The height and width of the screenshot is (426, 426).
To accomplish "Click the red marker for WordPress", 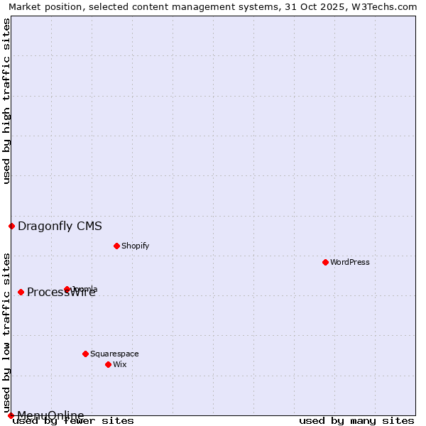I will (325, 262).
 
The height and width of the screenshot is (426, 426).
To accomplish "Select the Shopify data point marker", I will (116, 246).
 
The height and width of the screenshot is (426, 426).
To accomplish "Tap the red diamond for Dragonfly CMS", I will (11, 226).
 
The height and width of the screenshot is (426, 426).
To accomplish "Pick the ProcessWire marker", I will (21, 292).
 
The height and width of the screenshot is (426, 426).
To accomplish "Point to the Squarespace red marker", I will (85, 354).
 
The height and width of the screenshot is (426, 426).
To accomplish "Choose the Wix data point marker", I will (108, 364).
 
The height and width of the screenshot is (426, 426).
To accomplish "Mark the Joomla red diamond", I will (67, 289).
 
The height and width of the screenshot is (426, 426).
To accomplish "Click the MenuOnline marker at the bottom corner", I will (11, 415).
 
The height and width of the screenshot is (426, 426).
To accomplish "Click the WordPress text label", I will (350, 262).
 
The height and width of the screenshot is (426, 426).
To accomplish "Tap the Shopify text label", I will (135, 246).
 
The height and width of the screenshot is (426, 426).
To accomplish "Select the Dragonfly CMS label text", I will (60, 226).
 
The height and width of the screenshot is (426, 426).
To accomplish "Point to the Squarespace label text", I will (114, 354).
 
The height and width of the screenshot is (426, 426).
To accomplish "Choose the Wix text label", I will (119, 364).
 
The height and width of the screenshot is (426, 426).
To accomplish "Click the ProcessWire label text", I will (61, 293).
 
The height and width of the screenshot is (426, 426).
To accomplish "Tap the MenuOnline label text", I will (50, 415).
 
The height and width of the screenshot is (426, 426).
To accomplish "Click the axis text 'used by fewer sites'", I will (73, 421).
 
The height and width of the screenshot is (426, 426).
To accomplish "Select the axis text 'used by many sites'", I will (356, 421).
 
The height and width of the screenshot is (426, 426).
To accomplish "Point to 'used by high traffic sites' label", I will (6, 101).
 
